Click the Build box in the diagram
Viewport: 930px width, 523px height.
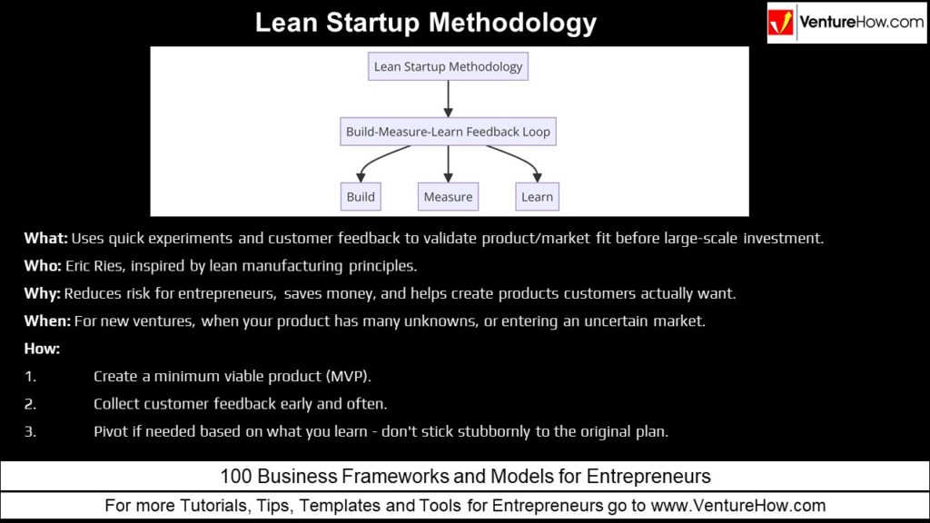coord(361,196)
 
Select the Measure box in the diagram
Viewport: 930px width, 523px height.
coord(448,196)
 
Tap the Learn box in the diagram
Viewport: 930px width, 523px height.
coord(537,196)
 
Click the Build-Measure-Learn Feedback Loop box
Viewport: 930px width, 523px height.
coord(448,132)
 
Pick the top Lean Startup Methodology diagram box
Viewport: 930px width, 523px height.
coord(448,66)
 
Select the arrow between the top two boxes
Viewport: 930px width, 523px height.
coord(448,99)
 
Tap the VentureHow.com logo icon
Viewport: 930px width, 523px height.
coord(782,23)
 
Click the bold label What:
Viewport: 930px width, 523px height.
coord(45,239)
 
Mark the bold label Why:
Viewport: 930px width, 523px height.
coord(43,294)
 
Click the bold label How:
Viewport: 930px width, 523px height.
coord(42,349)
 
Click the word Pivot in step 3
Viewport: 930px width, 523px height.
coord(112,431)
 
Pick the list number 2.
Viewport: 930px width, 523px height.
coord(31,403)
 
